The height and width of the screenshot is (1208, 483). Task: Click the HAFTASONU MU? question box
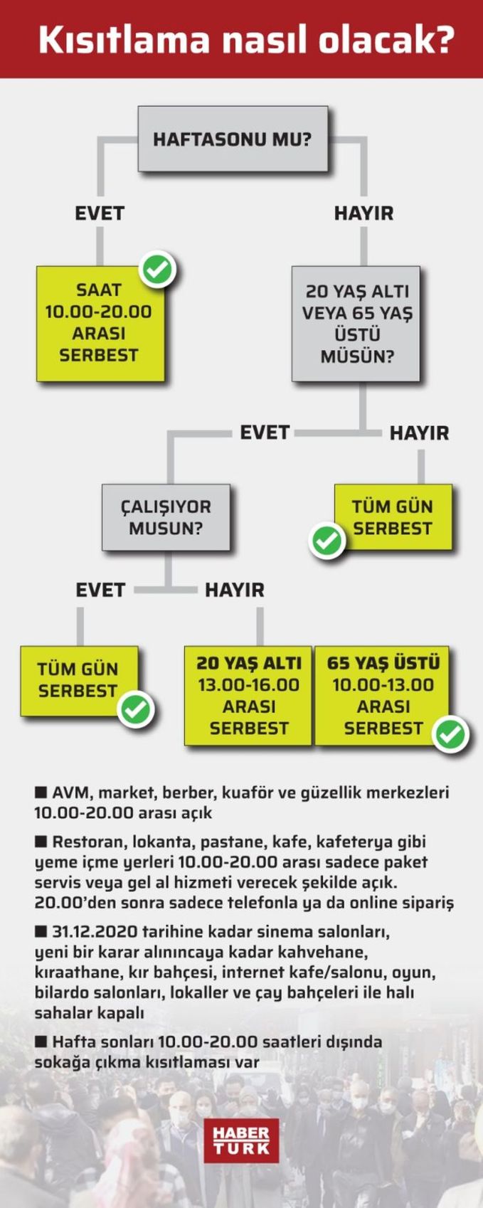click(233, 139)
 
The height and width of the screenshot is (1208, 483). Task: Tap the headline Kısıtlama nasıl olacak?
click(247, 39)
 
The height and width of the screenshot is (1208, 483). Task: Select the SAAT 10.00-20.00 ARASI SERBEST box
click(100, 324)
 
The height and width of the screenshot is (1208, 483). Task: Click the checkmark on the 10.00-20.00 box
click(158, 269)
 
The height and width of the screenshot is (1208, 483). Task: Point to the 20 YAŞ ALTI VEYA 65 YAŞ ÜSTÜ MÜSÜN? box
click(356, 324)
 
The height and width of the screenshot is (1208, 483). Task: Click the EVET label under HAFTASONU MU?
click(100, 213)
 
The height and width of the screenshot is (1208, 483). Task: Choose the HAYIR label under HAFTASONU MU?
click(364, 213)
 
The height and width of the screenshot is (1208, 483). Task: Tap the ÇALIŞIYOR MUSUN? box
click(166, 517)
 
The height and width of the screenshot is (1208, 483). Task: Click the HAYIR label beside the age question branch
click(420, 433)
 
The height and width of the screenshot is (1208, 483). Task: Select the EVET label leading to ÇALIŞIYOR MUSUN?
click(265, 432)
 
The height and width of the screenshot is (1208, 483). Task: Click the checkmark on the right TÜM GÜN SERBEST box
click(327, 541)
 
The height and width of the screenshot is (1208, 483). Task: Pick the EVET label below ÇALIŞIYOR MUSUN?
click(101, 590)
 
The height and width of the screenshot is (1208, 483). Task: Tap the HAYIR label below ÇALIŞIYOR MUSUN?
click(235, 590)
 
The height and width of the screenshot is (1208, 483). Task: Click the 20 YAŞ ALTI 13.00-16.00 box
click(248, 696)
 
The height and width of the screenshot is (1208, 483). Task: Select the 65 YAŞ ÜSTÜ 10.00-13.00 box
click(382, 696)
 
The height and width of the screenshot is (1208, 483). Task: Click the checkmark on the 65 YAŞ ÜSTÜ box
click(451, 733)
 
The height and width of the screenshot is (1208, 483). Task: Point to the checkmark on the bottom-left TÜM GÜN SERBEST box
click(136, 710)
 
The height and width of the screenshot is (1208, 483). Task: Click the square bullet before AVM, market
click(41, 793)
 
